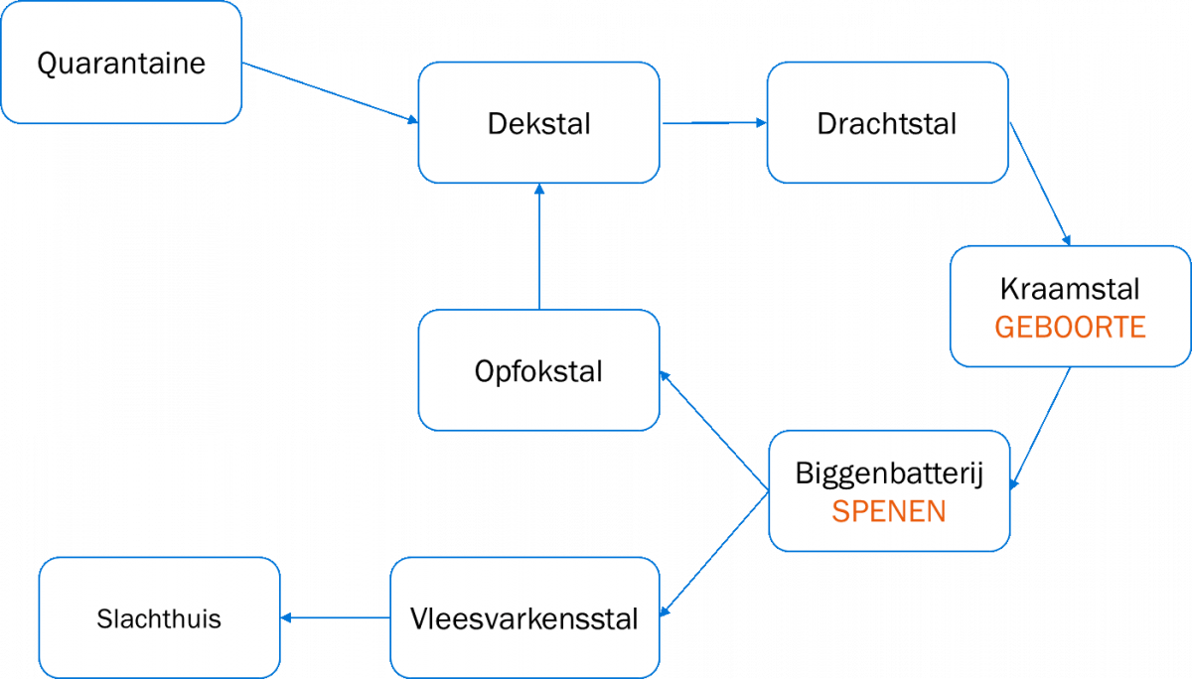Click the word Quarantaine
click(121, 64)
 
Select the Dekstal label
click(539, 123)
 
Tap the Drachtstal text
click(887, 123)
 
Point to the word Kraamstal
click(1070, 289)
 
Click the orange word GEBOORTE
click(1070, 327)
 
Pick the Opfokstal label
click(538, 371)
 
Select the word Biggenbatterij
click(889, 474)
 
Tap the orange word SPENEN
click(889, 511)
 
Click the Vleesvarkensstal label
click(524, 618)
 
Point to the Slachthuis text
click(159, 618)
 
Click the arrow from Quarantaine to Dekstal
click(331, 92)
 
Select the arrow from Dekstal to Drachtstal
click(714, 123)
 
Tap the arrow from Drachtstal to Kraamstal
click(1040, 184)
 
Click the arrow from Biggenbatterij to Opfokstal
click(714, 430)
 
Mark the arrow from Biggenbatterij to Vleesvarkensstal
click(714, 554)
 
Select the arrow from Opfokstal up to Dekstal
click(539, 246)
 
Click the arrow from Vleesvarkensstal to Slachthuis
click(336, 617)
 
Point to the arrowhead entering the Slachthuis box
click(286, 617)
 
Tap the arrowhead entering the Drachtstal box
click(762, 123)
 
